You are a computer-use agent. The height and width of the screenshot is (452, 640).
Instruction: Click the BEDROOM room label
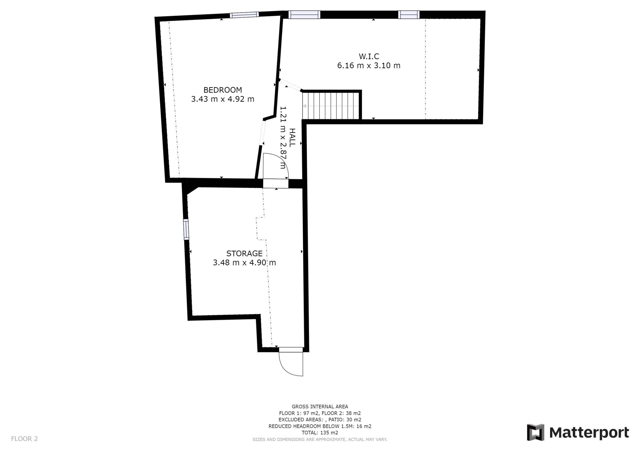[x=222, y=90]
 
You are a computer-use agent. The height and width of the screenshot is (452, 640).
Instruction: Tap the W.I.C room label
[x=369, y=56]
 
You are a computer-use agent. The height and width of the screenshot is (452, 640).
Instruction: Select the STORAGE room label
[x=244, y=253]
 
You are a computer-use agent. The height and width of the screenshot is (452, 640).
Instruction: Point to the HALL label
[x=292, y=138]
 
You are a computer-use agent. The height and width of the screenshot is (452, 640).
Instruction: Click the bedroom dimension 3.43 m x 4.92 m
[x=222, y=99]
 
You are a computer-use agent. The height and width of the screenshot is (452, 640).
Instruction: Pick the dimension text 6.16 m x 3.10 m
[x=369, y=66]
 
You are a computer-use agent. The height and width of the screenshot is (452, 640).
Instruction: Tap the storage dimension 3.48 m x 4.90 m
[x=244, y=263]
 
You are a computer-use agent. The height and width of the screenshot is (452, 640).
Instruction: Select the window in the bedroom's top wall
[x=244, y=15]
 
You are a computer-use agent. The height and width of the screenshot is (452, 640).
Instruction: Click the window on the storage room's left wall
[x=186, y=229]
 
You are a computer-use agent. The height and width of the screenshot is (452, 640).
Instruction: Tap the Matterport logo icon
[x=535, y=432]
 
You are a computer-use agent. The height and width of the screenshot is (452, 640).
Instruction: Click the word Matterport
[x=589, y=433]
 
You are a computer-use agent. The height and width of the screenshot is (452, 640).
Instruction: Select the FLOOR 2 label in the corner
[x=24, y=439]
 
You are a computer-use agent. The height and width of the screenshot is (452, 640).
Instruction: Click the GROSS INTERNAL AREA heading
[x=320, y=407]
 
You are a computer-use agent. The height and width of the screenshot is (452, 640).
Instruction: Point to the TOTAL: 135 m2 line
[x=320, y=433]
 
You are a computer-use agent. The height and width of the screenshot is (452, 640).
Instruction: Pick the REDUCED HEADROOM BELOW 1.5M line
[x=320, y=426]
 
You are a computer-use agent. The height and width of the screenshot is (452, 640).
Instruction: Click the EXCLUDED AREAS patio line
[x=320, y=420]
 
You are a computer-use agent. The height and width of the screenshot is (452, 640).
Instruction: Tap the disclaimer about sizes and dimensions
[x=320, y=440]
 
